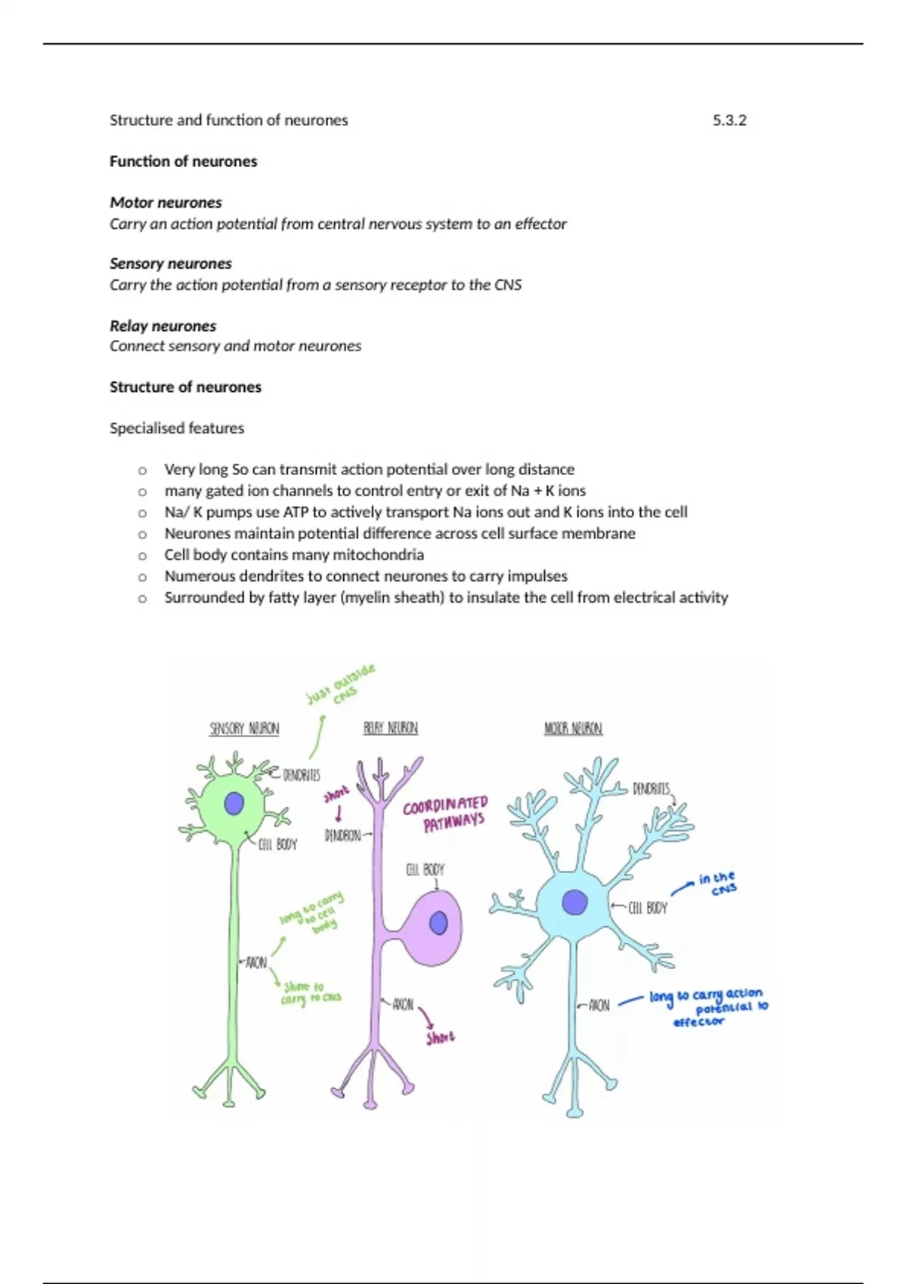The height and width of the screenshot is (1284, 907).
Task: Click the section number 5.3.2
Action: click(x=729, y=120)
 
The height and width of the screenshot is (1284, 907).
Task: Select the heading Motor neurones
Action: click(x=166, y=202)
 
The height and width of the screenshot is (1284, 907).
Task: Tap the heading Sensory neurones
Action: click(x=170, y=264)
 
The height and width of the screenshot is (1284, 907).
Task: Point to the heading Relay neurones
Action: click(x=163, y=326)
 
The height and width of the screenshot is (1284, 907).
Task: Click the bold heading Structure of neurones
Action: click(x=185, y=387)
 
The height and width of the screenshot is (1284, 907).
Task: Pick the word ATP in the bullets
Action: click(x=296, y=512)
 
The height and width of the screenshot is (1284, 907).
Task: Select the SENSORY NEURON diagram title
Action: click(x=244, y=729)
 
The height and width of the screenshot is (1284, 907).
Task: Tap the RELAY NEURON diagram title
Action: click(x=390, y=728)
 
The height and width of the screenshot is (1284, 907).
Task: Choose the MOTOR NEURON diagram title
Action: click(x=573, y=729)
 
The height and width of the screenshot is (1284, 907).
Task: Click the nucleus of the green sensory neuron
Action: click(x=234, y=803)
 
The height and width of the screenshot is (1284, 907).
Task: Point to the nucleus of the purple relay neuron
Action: click(x=438, y=923)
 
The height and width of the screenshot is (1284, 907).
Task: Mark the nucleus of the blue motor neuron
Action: click(x=574, y=903)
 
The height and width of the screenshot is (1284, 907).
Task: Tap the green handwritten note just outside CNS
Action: click(x=341, y=685)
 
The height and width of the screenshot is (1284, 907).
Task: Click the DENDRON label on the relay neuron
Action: click(x=342, y=835)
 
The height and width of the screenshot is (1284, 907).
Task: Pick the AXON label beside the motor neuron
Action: click(x=599, y=1005)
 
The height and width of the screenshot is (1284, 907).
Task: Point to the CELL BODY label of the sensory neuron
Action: click(x=277, y=844)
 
